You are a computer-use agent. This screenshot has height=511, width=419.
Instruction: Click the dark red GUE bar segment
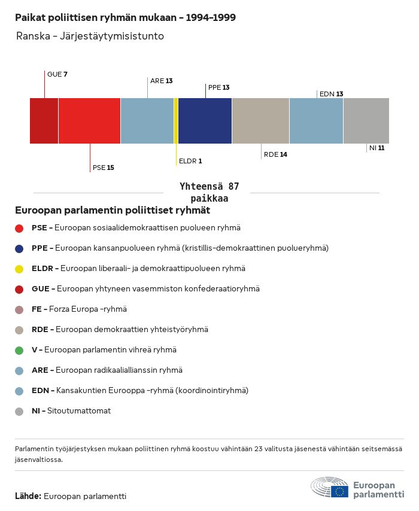(x=44, y=120)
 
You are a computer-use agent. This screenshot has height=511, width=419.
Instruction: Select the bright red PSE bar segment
(x=89, y=120)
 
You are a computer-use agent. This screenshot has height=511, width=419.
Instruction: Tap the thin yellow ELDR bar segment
(x=176, y=120)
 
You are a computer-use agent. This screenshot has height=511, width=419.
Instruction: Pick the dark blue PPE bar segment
(x=205, y=120)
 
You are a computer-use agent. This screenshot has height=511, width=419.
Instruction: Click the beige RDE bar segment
(x=260, y=120)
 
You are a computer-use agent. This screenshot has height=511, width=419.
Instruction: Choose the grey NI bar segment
(x=366, y=120)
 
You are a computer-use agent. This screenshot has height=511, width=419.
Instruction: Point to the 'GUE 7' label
(x=57, y=74)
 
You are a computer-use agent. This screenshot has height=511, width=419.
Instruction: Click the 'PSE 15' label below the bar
(x=103, y=168)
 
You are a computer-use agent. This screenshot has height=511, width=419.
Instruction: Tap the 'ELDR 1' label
(x=190, y=161)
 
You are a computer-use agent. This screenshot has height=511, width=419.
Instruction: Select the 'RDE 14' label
(x=275, y=154)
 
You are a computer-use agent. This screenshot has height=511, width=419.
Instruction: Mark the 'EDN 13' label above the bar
(x=331, y=94)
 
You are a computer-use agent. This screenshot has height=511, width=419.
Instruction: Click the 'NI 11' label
(x=377, y=148)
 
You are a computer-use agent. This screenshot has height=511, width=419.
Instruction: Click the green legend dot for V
(x=20, y=350)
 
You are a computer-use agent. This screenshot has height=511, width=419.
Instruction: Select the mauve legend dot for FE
(x=20, y=309)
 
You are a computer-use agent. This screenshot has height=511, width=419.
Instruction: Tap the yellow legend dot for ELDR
(x=20, y=269)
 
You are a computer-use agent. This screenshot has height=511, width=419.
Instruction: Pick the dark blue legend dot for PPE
(x=20, y=248)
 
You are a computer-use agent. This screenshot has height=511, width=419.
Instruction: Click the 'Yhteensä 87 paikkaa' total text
(x=209, y=193)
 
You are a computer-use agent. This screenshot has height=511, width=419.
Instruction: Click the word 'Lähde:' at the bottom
(x=28, y=497)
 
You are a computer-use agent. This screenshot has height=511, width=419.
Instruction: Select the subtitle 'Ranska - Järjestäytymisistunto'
(x=90, y=36)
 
